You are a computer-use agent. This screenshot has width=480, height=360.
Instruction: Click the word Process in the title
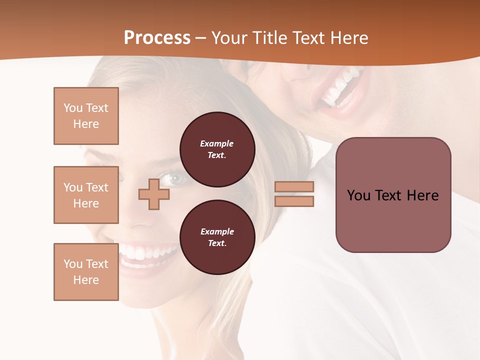point(157,38)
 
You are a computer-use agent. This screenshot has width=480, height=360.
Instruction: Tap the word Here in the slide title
point(348,38)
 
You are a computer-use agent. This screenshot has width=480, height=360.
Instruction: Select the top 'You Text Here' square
point(86,116)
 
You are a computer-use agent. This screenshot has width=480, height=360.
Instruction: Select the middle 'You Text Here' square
point(86,195)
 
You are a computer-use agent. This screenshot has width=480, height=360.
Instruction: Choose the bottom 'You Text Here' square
point(86,272)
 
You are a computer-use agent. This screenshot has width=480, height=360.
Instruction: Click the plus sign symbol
point(153,194)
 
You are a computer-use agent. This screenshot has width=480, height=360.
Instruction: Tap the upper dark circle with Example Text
point(217,149)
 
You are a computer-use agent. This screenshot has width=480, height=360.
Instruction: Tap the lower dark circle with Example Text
point(217,237)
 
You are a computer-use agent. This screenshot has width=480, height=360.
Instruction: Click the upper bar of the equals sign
point(294,186)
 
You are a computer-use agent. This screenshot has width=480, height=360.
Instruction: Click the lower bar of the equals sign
point(294,201)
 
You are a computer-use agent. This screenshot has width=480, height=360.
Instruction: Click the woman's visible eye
point(175,178)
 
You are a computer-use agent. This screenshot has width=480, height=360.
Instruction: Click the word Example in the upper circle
point(217,143)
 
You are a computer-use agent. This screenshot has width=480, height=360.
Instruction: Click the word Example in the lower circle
point(217,231)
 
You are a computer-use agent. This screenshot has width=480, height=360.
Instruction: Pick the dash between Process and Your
point(200,38)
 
